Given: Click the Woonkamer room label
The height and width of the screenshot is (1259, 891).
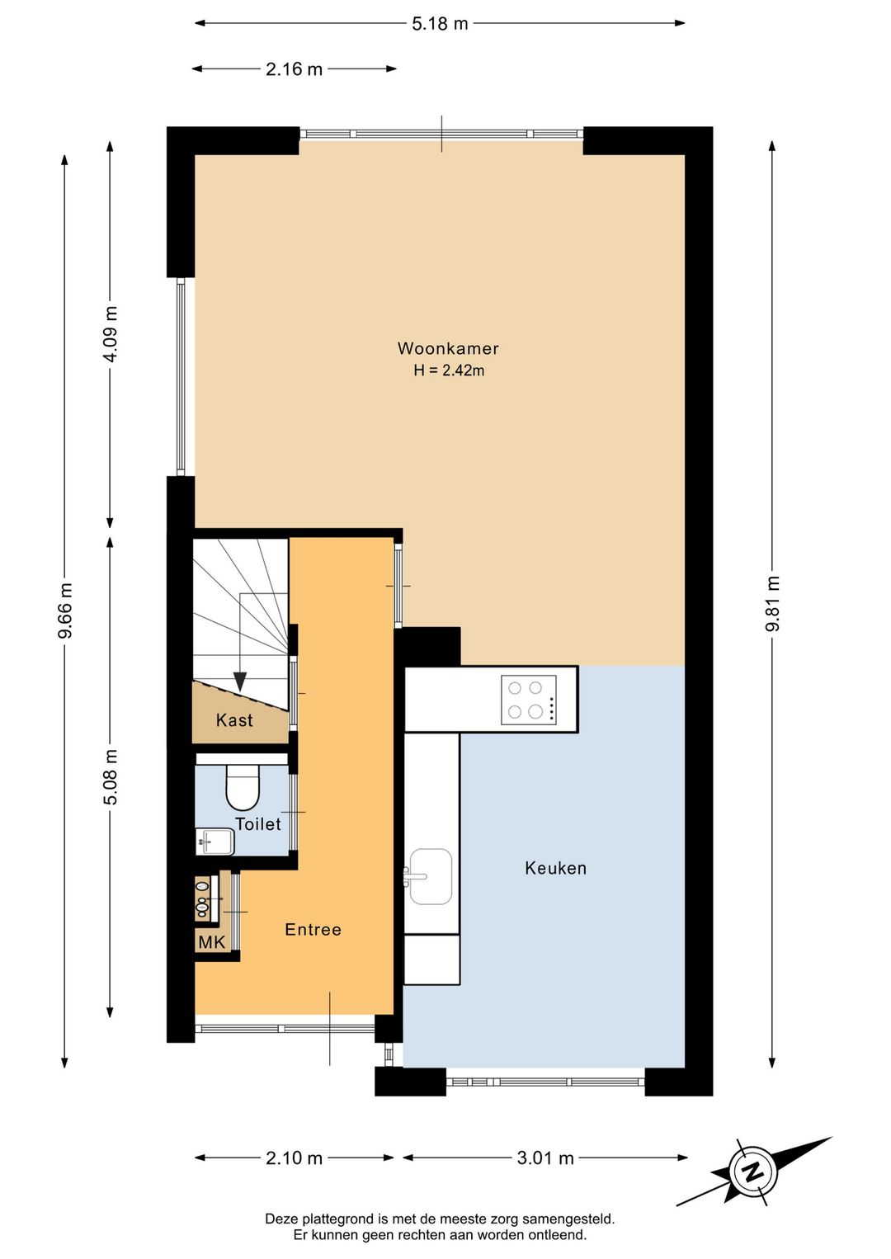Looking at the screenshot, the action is pos(448,348).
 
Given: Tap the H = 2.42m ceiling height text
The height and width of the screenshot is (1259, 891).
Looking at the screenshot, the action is pos(449,370).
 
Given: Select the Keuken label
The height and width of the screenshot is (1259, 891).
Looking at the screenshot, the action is pos(555,868).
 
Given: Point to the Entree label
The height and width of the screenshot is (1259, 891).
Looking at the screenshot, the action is pos(313,929).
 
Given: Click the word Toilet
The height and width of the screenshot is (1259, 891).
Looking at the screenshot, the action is pos(258,824).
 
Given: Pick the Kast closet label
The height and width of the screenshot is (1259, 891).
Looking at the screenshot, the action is pos(234,720).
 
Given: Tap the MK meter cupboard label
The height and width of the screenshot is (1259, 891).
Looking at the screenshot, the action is pos(211,942).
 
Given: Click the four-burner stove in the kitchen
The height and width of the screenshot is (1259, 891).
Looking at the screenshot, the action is pos(529,700).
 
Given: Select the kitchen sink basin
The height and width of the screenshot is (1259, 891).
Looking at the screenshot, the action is pos(431,876).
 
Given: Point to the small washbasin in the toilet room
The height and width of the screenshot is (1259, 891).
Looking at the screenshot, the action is pos(214,842).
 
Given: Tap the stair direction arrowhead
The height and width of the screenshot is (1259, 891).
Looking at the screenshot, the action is pos(240,681).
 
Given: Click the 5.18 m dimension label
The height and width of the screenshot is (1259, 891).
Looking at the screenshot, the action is pos(440,24).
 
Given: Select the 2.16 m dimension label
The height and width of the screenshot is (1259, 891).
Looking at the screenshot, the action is pos(294,69).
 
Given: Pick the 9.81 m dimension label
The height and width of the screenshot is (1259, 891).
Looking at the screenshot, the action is pos(772,604).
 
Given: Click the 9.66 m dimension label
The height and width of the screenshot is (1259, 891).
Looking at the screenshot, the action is pos(64,611).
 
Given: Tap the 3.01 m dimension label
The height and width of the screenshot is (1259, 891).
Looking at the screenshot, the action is pos(545,1158).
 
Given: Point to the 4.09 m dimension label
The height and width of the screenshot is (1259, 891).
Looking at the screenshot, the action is pos(111,334).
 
